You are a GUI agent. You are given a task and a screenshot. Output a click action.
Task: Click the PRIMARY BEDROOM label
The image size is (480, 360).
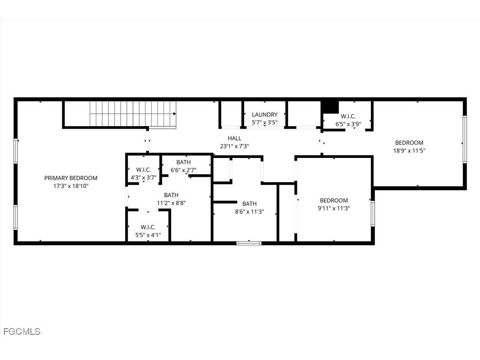tap(71, 178)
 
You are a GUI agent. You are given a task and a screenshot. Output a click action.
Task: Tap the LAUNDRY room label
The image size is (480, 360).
tap(265, 115)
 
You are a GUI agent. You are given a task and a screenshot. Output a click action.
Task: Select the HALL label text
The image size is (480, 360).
tap(235, 138)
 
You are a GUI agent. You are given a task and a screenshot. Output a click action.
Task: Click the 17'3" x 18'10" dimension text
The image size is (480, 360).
tap(71, 186)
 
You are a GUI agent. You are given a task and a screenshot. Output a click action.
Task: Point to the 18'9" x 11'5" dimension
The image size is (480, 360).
tap(409, 150)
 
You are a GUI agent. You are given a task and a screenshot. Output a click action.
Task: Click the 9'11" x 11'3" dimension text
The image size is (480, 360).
tap(334, 208)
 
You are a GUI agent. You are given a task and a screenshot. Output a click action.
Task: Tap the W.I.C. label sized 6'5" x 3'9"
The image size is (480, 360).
tap(348, 117)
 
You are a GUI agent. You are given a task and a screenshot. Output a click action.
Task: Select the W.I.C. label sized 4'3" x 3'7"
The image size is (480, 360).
tap(144, 170)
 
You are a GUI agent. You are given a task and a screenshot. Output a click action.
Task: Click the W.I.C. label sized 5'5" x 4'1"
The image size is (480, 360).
tap(148, 227)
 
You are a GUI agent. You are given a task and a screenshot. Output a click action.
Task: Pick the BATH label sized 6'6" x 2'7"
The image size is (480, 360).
tap(183, 162)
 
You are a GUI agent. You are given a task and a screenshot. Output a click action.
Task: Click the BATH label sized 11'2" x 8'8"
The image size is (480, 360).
tap(171, 195)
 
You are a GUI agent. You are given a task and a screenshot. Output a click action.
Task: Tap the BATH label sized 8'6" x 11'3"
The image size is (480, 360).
tap(249, 204)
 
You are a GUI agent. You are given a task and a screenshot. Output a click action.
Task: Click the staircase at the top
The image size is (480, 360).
tap(133, 114)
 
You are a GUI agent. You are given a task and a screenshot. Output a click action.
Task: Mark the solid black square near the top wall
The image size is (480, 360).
tap(329, 107)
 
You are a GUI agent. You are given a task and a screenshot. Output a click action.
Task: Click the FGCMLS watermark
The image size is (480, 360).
tap(22, 331)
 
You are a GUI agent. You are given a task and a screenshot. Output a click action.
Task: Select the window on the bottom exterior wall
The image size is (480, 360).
tap(249, 242)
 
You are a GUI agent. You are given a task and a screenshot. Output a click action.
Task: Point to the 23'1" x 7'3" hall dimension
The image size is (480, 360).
tap(235, 146)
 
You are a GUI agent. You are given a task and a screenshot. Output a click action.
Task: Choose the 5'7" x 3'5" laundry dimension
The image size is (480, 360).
tap(265, 123)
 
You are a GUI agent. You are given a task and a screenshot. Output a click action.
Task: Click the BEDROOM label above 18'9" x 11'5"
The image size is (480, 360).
tap(409, 143)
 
